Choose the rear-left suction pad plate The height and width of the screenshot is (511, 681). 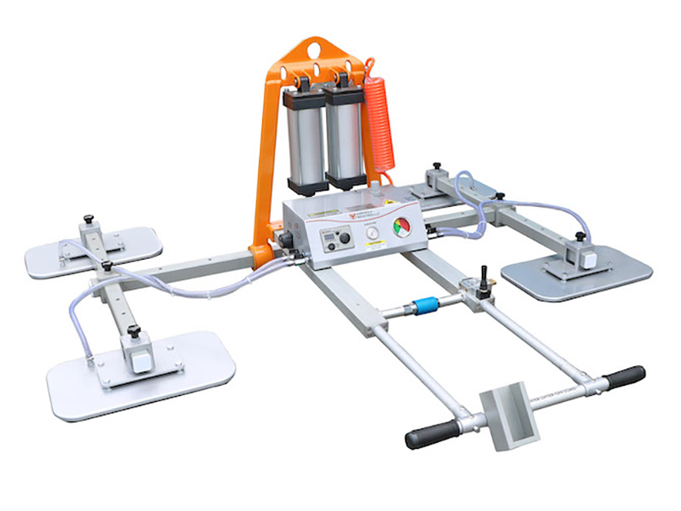point(94,250)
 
